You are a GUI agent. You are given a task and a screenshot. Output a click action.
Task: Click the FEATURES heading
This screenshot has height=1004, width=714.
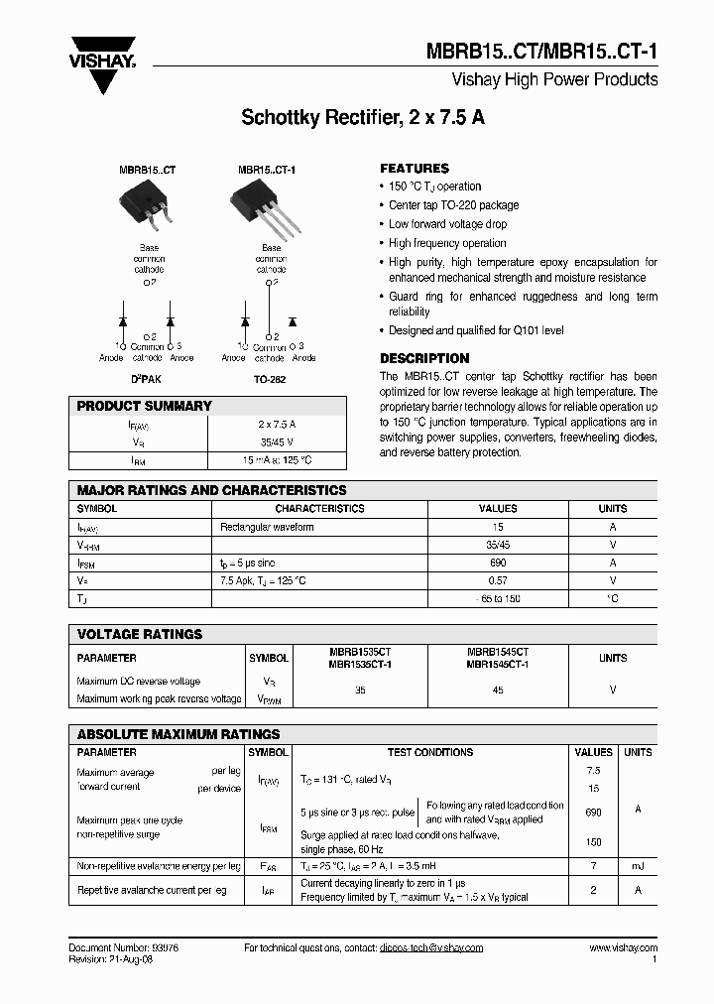pos(415,169)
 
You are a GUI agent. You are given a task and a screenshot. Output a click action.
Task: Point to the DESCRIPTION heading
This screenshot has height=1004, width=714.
pos(424,358)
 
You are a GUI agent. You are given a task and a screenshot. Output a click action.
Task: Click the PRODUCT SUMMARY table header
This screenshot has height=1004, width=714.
pos(145,406)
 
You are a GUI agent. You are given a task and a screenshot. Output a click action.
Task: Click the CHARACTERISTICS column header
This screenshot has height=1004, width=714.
pos(319,508)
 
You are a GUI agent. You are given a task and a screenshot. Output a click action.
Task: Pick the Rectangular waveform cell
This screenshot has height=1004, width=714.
pos(267,527)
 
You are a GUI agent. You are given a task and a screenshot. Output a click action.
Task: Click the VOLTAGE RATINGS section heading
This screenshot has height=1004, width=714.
pos(140,634)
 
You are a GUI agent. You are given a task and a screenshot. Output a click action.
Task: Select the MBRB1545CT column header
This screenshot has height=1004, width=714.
pos(497,658)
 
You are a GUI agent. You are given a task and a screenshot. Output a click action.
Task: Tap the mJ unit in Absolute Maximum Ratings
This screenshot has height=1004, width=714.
pos(637,866)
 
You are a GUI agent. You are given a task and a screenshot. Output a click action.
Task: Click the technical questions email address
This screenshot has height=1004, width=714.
pos(430,948)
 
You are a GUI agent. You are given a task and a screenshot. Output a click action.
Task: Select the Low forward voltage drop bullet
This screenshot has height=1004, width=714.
pos(447,224)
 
